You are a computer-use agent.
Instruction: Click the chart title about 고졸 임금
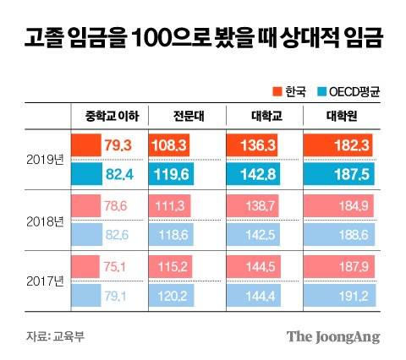[202, 38]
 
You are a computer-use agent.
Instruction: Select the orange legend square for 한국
[275, 90]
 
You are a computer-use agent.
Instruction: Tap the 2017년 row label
[44, 281]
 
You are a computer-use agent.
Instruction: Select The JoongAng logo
[332, 336]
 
